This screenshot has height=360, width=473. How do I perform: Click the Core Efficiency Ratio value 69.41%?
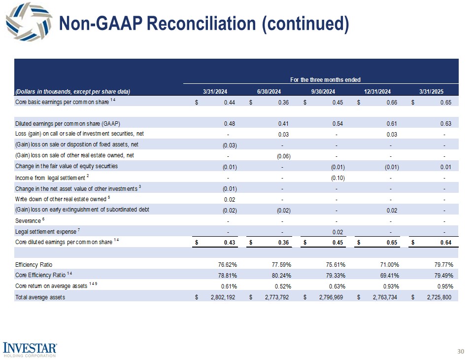[x=389, y=275]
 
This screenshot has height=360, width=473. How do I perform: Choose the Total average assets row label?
[x=40, y=297]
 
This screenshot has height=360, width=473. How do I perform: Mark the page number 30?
[x=461, y=351]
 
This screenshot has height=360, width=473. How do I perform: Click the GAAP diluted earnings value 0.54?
[x=338, y=123]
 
